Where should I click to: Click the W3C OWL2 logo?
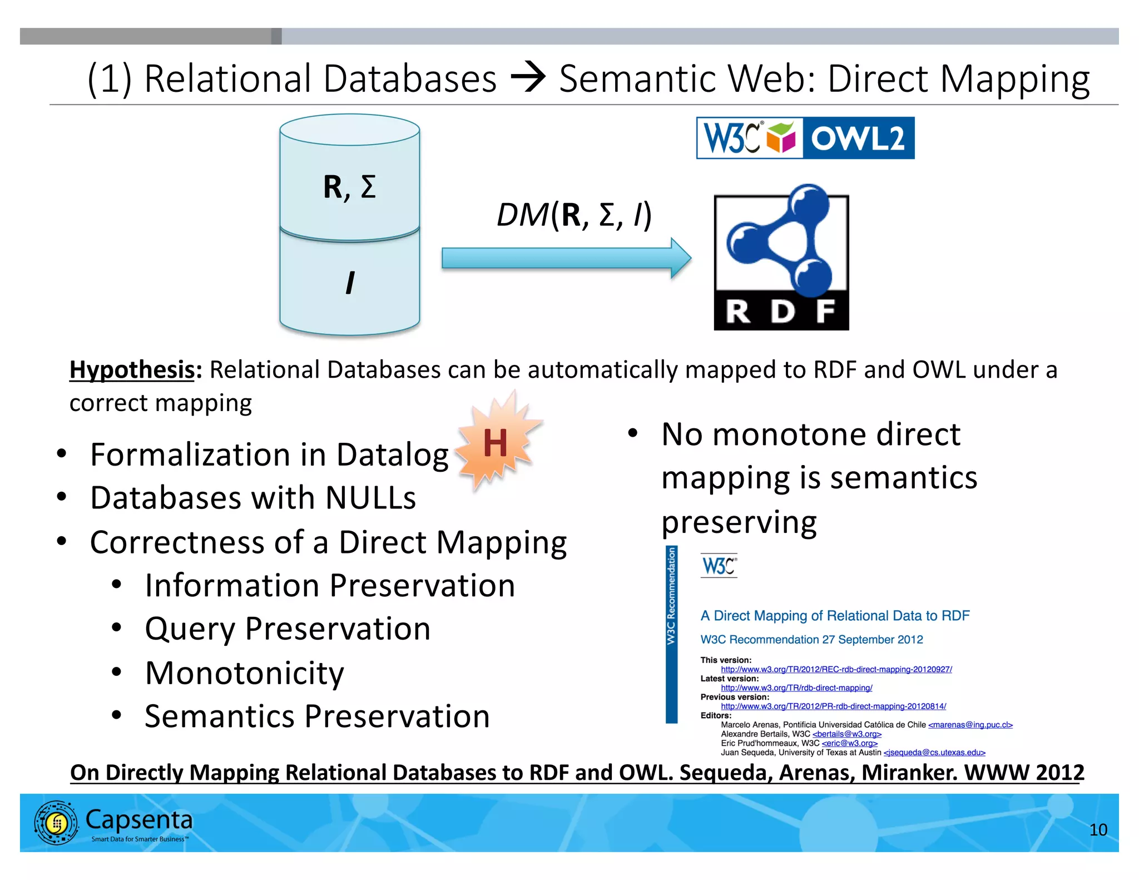(x=805, y=138)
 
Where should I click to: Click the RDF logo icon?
(x=781, y=258)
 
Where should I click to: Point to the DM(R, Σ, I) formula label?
(x=573, y=215)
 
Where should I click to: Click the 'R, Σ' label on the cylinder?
(x=349, y=187)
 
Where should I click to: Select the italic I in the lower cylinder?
(x=349, y=283)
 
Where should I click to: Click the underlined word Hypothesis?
(x=132, y=370)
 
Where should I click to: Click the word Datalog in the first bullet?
(x=392, y=455)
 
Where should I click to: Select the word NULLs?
(x=370, y=498)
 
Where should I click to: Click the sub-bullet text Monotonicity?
(x=245, y=673)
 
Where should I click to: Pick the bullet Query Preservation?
(x=288, y=629)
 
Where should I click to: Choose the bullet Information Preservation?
(x=330, y=586)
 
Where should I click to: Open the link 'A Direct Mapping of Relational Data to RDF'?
(x=834, y=616)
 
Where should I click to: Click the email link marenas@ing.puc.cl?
(x=970, y=725)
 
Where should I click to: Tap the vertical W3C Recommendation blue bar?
(x=671, y=634)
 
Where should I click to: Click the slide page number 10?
(x=1098, y=830)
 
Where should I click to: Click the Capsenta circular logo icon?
(x=56, y=823)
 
